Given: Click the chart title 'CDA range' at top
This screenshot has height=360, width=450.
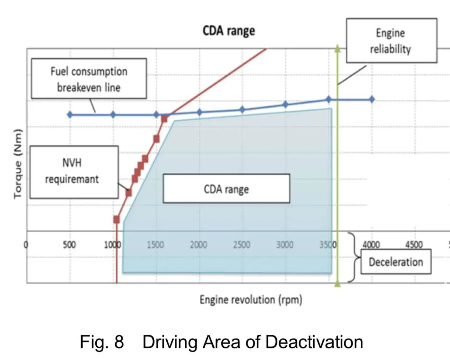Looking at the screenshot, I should [x=229, y=31].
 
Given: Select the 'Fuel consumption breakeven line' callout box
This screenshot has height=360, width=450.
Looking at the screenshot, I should [x=89, y=79].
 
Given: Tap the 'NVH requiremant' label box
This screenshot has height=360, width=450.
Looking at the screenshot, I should [x=74, y=172].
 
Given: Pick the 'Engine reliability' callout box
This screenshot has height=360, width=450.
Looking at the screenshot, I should [x=391, y=40].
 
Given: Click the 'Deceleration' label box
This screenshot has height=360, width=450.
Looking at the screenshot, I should [x=396, y=262].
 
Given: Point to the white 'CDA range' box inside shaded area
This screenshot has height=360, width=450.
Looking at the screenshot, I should [x=226, y=189].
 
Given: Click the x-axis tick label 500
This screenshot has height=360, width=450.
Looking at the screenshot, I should [x=69, y=245].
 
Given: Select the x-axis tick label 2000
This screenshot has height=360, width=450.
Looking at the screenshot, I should [x=198, y=245].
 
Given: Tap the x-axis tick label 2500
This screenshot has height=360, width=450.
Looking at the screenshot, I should [x=242, y=245].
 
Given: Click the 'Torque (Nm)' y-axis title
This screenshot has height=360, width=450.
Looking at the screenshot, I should [x=18, y=164].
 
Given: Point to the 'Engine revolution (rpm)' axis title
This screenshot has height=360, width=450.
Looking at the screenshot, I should [x=251, y=300].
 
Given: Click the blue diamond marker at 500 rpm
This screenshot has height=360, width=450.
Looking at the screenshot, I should [x=70, y=114].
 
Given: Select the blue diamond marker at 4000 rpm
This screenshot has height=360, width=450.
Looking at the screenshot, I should [x=372, y=100].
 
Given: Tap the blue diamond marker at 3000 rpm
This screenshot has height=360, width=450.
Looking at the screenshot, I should [x=285, y=105].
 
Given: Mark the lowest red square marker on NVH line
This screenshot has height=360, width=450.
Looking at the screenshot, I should [x=117, y=220].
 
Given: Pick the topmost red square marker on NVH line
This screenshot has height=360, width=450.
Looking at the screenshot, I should [x=164, y=119].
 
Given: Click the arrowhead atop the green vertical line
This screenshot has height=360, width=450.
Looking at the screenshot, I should [x=337, y=49].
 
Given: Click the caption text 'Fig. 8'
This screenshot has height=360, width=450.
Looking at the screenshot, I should [x=102, y=342].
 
